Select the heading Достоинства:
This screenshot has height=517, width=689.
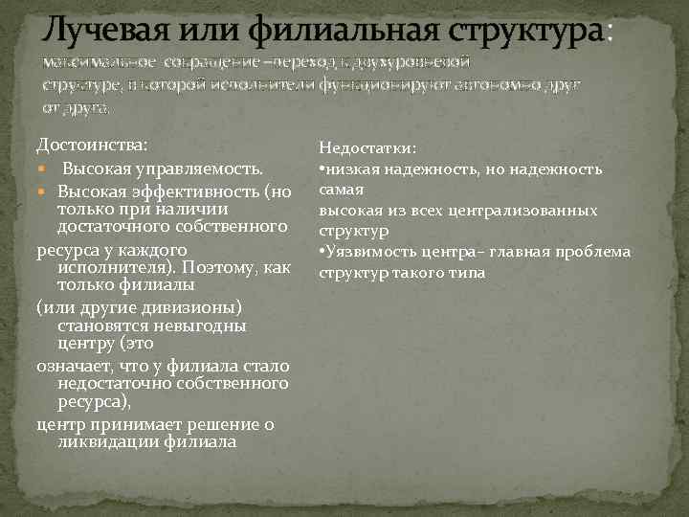click(92, 145)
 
